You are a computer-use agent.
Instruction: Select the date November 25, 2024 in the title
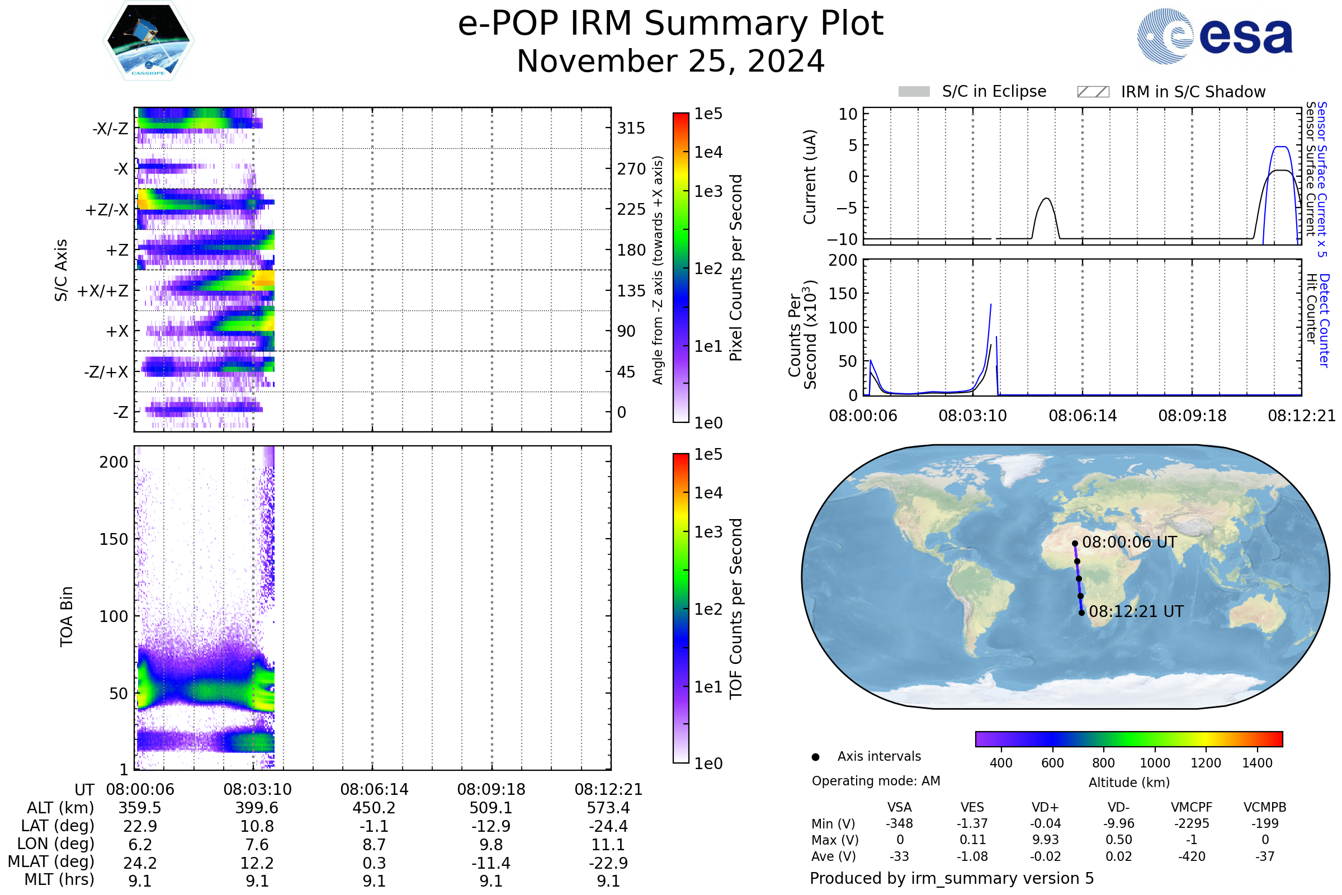point(670,62)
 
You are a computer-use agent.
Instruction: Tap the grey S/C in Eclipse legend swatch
point(914,92)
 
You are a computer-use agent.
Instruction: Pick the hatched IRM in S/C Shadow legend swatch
point(1093,92)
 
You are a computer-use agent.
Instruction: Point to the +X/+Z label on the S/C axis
point(103,291)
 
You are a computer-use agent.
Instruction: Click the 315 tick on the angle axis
point(631,128)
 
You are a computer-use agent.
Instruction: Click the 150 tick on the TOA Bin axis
point(114,539)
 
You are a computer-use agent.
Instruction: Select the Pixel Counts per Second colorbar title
point(736,268)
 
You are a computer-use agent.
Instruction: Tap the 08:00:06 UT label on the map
point(1129,542)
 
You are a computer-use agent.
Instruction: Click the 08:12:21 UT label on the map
point(1136,611)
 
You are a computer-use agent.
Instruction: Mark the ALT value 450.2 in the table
point(374,808)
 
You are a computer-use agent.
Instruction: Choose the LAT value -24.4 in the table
point(608,827)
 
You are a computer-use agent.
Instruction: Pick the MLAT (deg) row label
point(51,862)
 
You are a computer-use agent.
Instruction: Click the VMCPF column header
point(1192,808)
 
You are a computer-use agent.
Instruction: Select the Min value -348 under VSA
point(899,823)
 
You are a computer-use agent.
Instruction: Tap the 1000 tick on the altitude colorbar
point(1155,763)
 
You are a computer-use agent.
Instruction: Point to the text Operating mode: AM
point(876,781)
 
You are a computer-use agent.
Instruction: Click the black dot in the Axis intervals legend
point(816,757)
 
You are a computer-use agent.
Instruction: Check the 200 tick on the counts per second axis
point(843,260)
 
